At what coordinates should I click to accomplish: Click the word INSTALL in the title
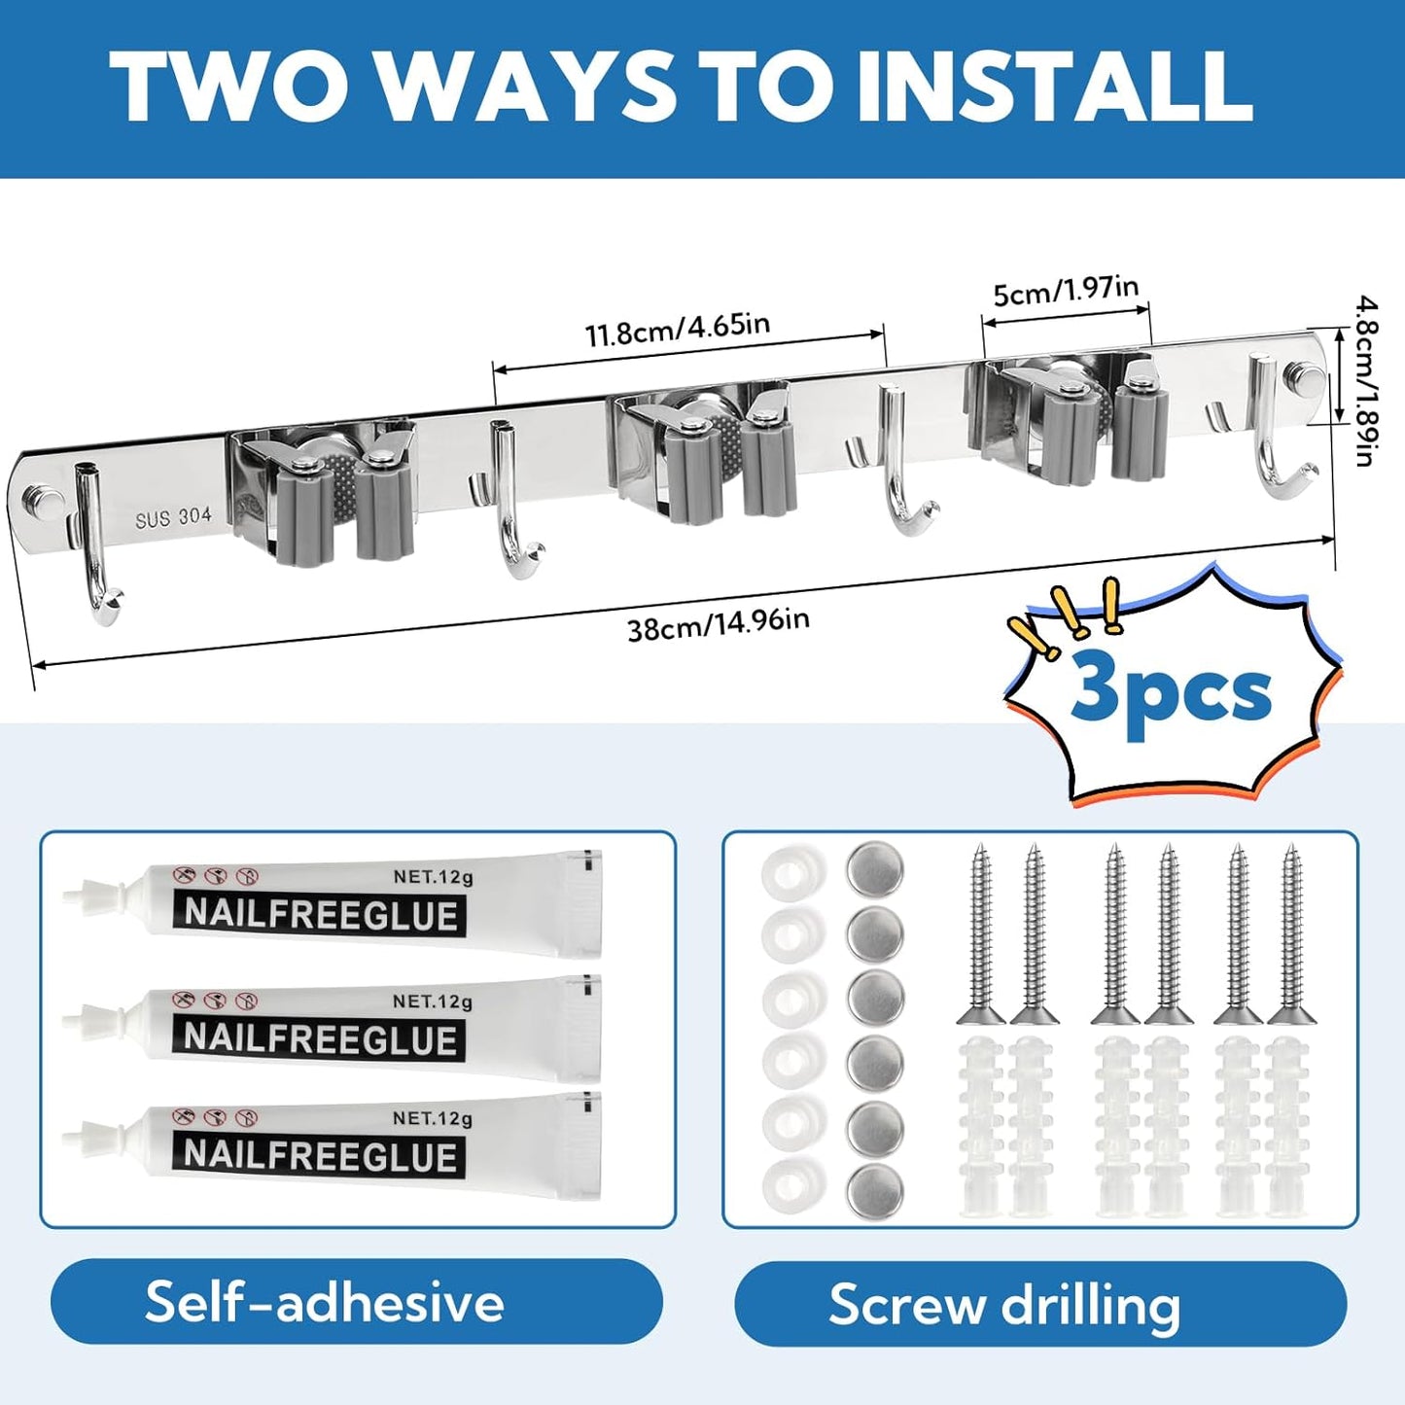tap(1054, 88)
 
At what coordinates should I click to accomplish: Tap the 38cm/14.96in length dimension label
tap(719, 624)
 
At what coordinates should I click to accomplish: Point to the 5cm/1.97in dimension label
tap(1066, 290)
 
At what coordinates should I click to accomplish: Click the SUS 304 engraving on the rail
tap(173, 517)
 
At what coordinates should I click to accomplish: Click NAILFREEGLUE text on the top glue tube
tap(321, 915)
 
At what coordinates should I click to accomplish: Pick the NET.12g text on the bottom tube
tap(433, 1118)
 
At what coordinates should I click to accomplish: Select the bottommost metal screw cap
tap(874, 1191)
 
